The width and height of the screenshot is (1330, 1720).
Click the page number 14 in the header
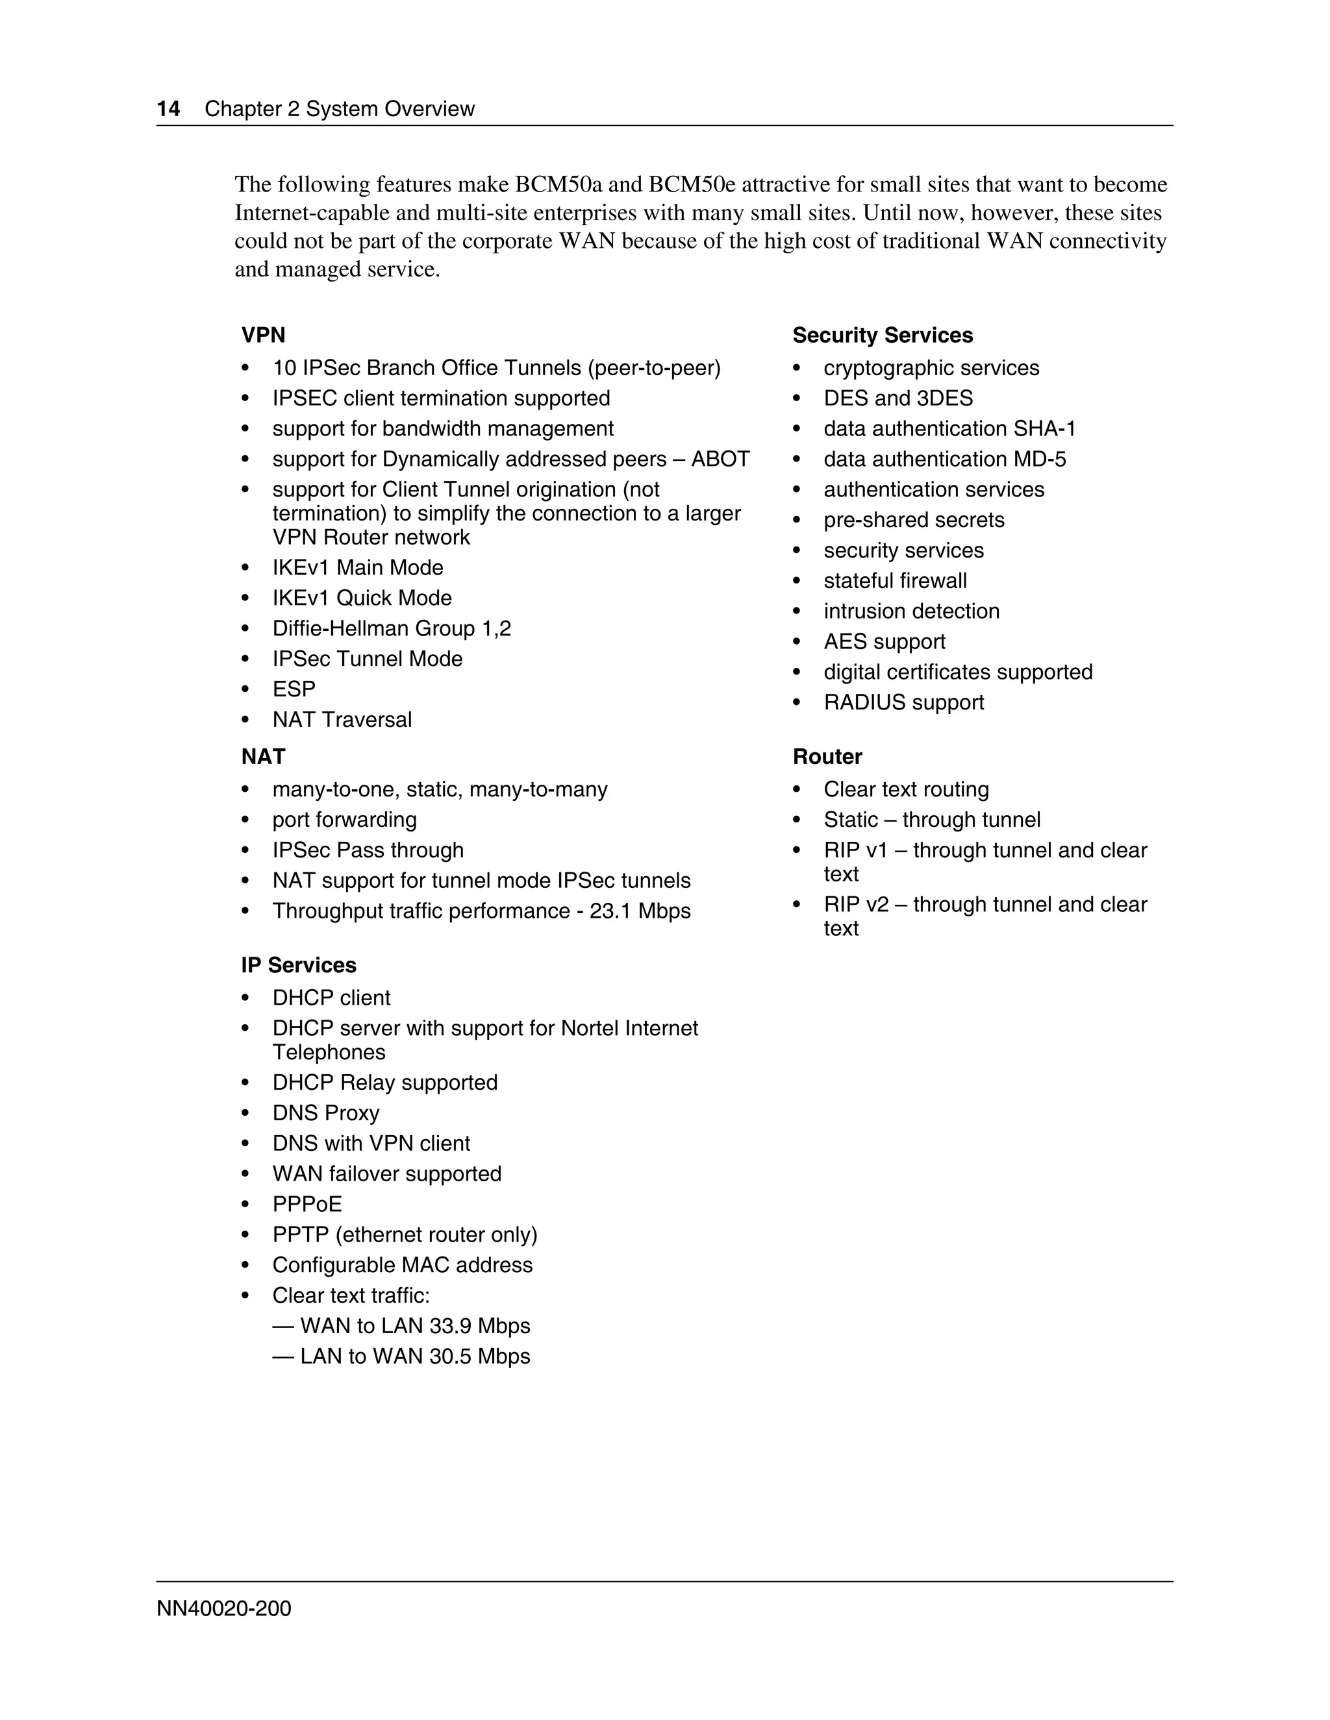(169, 108)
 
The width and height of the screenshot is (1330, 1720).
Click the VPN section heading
(263, 335)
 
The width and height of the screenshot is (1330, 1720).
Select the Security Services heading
(882, 335)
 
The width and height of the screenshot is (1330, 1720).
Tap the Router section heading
(827, 756)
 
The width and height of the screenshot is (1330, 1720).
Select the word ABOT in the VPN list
(720, 459)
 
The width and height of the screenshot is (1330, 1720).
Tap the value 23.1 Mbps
(640, 911)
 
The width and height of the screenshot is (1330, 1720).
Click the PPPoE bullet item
(307, 1204)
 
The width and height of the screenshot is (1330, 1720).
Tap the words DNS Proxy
(325, 1112)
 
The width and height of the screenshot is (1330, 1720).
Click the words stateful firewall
(895, 580)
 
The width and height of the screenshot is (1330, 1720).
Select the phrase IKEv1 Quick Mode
(362, 598)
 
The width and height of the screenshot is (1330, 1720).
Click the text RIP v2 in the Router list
(856, 904)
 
